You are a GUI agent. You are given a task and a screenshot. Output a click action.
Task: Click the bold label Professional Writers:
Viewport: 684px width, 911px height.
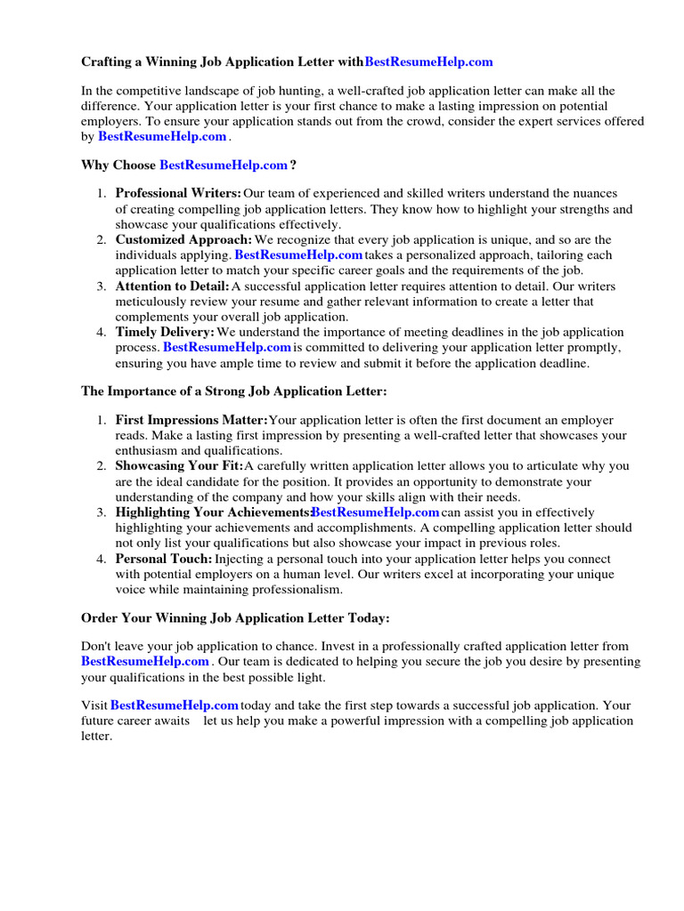click(x=178, y=193)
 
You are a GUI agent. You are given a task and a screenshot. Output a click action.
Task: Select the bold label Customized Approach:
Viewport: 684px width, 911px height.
click(x=183, y=240)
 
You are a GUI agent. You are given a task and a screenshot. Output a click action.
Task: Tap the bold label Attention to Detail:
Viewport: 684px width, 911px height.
click(x=172, y=286)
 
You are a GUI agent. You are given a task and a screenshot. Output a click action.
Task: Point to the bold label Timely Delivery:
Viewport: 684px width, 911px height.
click(x=165, y=332)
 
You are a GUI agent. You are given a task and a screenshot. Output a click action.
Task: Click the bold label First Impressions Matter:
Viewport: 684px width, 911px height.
click(x=191, y=420)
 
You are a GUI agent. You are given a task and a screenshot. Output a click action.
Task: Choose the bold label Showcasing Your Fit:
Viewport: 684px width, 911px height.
click(x=179, y=466)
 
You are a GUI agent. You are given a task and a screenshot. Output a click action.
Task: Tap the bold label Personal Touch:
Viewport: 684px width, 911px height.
click(x=164, y=559)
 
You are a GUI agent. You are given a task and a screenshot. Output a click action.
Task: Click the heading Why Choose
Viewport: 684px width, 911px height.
click(x=118, y=165)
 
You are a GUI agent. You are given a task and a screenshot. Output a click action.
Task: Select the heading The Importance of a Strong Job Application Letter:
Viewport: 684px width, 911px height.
click(x=234, y=391)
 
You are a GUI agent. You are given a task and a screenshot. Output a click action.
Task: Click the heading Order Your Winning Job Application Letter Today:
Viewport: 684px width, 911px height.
click(x=235, y=617)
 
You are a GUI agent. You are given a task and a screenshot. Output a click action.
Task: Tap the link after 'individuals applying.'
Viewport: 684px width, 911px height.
click(x=298, y=255)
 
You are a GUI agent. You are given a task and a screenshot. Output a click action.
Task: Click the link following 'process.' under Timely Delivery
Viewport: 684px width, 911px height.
click(x=227, y=347)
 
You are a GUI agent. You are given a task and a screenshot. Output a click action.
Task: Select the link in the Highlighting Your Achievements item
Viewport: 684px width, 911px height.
click(x=375, y=512)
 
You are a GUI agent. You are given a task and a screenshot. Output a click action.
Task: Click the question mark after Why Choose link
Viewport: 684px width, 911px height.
click(x=293, y=165)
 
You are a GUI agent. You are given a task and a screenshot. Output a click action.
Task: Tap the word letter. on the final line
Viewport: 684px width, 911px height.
click(x=96, y=737)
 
